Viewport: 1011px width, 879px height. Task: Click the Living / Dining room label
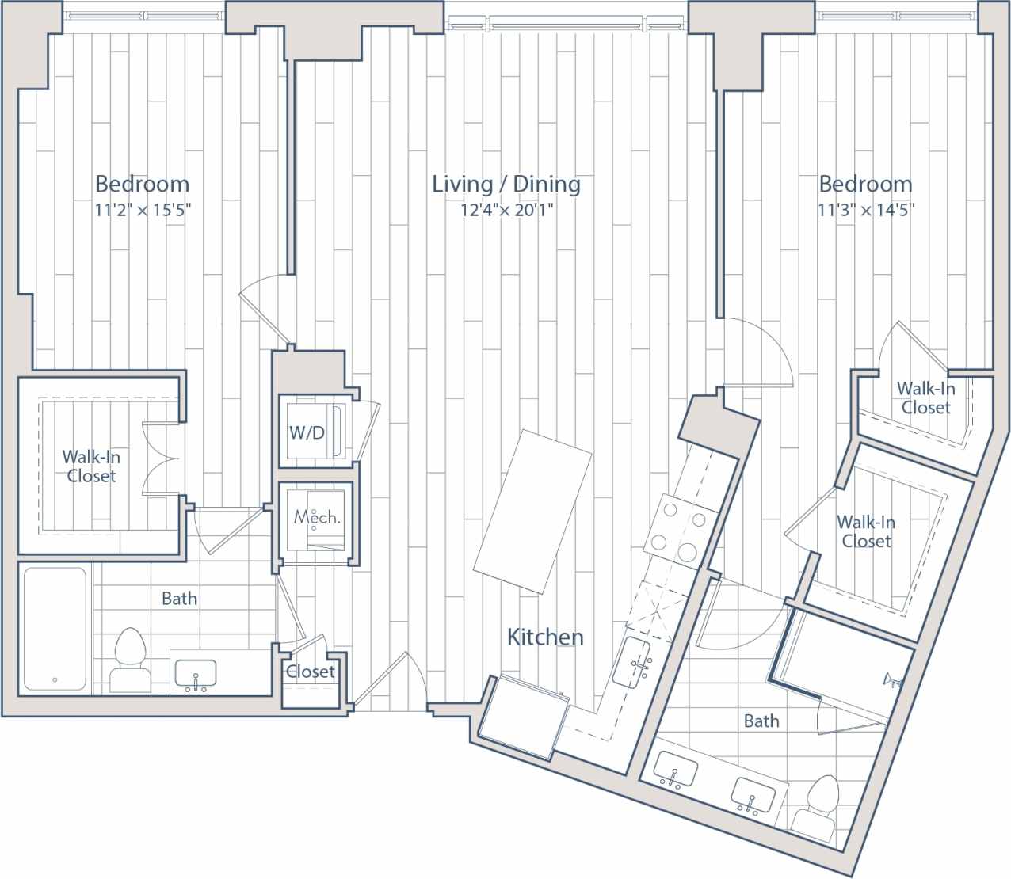pyautogui.click(x=506, y=185)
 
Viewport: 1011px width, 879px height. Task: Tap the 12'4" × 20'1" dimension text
pyautogui.click(x=506, y=211)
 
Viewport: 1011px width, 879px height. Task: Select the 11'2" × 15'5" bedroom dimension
pyautogui.click(x=143, y=211)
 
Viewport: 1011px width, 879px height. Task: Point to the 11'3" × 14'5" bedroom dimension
pyautogui.click(x=866, y=211)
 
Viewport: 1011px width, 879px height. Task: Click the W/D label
pyautogui.click(x=306, y=432)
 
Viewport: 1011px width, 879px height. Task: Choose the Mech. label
pyautogui.click(x=317, y=518)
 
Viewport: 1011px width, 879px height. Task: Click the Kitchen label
pyautogui.click(x=545, y=637)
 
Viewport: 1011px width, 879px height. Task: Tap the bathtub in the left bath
pyautogui.click(x=55, y=628)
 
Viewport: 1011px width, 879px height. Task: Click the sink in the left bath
pyautogui.click(x=195, y=675)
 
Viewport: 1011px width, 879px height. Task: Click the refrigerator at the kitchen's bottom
pyautogui.click(x=524, y=719)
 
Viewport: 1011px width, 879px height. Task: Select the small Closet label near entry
pyautogui.click(x=311, y=672)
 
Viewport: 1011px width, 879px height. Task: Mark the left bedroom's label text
pyautogui.click(x=143, y=185)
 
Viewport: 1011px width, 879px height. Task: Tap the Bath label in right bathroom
pyautogui.click(x=761, y=721)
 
